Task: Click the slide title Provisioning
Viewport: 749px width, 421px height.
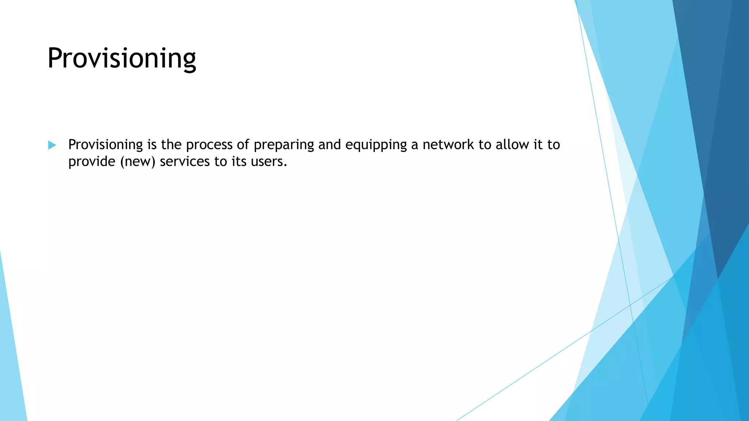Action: pos(122,58)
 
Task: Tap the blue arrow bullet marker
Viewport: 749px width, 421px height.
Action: pos(52,145)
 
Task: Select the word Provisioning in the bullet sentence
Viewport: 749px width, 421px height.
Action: pos(105,145)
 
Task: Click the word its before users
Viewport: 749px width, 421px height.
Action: pos(239,162)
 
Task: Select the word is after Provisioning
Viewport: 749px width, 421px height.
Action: pos(152,145)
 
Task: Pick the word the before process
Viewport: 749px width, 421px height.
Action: pos(171,145)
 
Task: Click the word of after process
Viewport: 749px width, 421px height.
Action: pos(243,145)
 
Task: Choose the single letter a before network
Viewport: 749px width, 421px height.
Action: pos(414,145)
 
